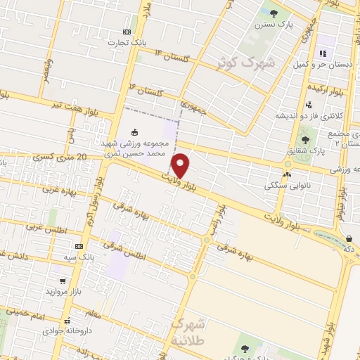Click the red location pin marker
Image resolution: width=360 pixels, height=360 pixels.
(181, 166)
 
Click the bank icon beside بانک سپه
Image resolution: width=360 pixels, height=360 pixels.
(79, 246)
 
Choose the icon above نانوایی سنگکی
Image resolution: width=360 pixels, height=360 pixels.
(286, 174)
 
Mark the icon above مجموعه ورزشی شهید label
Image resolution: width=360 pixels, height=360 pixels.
(135, 132)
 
